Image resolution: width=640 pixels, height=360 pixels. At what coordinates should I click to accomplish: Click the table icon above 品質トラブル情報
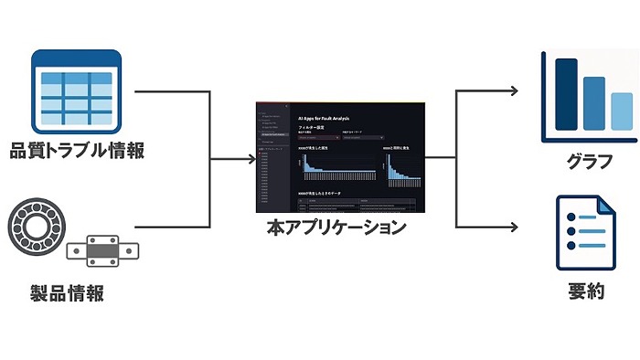76,90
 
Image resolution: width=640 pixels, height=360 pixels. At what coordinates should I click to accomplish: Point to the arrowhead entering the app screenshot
250,159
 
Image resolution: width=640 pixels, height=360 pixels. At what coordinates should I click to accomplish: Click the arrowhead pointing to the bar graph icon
516,90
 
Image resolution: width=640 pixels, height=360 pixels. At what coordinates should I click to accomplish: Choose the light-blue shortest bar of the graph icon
622,111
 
